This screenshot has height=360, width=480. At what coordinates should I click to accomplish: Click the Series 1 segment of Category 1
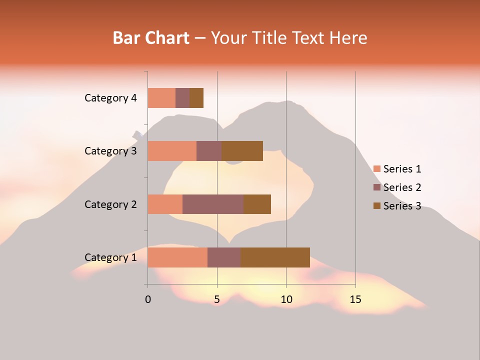click(177, 257)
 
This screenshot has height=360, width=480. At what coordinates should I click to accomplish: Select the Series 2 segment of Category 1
click(224, 257)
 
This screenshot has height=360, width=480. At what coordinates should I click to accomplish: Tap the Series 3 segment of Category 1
click(275, 257)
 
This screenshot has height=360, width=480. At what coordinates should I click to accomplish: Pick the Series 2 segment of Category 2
click(213, 204)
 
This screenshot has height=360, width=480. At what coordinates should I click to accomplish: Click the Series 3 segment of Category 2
click(257, 204)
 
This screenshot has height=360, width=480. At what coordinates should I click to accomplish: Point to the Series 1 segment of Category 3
click(172, 151)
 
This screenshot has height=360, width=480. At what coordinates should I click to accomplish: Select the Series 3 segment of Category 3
click(242, 151)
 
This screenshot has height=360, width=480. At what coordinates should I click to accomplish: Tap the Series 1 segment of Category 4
click(161, 98)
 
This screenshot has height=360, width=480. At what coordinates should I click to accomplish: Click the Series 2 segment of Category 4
click(182, 98)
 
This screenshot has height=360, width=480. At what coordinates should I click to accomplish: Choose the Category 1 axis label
click(110, 257)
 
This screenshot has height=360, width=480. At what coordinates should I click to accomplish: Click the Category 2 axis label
click(110, 204)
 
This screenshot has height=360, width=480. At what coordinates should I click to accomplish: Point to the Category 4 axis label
click(110, 98)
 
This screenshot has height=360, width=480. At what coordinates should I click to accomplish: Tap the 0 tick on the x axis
click(148, 299)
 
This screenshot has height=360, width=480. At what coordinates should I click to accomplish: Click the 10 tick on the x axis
click(286, 299)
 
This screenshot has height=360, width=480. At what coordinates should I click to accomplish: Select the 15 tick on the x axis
click(355, 299)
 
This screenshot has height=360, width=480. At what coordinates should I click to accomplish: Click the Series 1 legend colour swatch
click(376, 169)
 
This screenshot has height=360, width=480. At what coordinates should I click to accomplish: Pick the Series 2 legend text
click(402, 187)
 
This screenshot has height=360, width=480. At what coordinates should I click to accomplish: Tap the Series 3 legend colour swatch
click(376, 206)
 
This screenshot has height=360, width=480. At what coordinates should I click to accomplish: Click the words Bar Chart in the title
click(151, 38)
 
